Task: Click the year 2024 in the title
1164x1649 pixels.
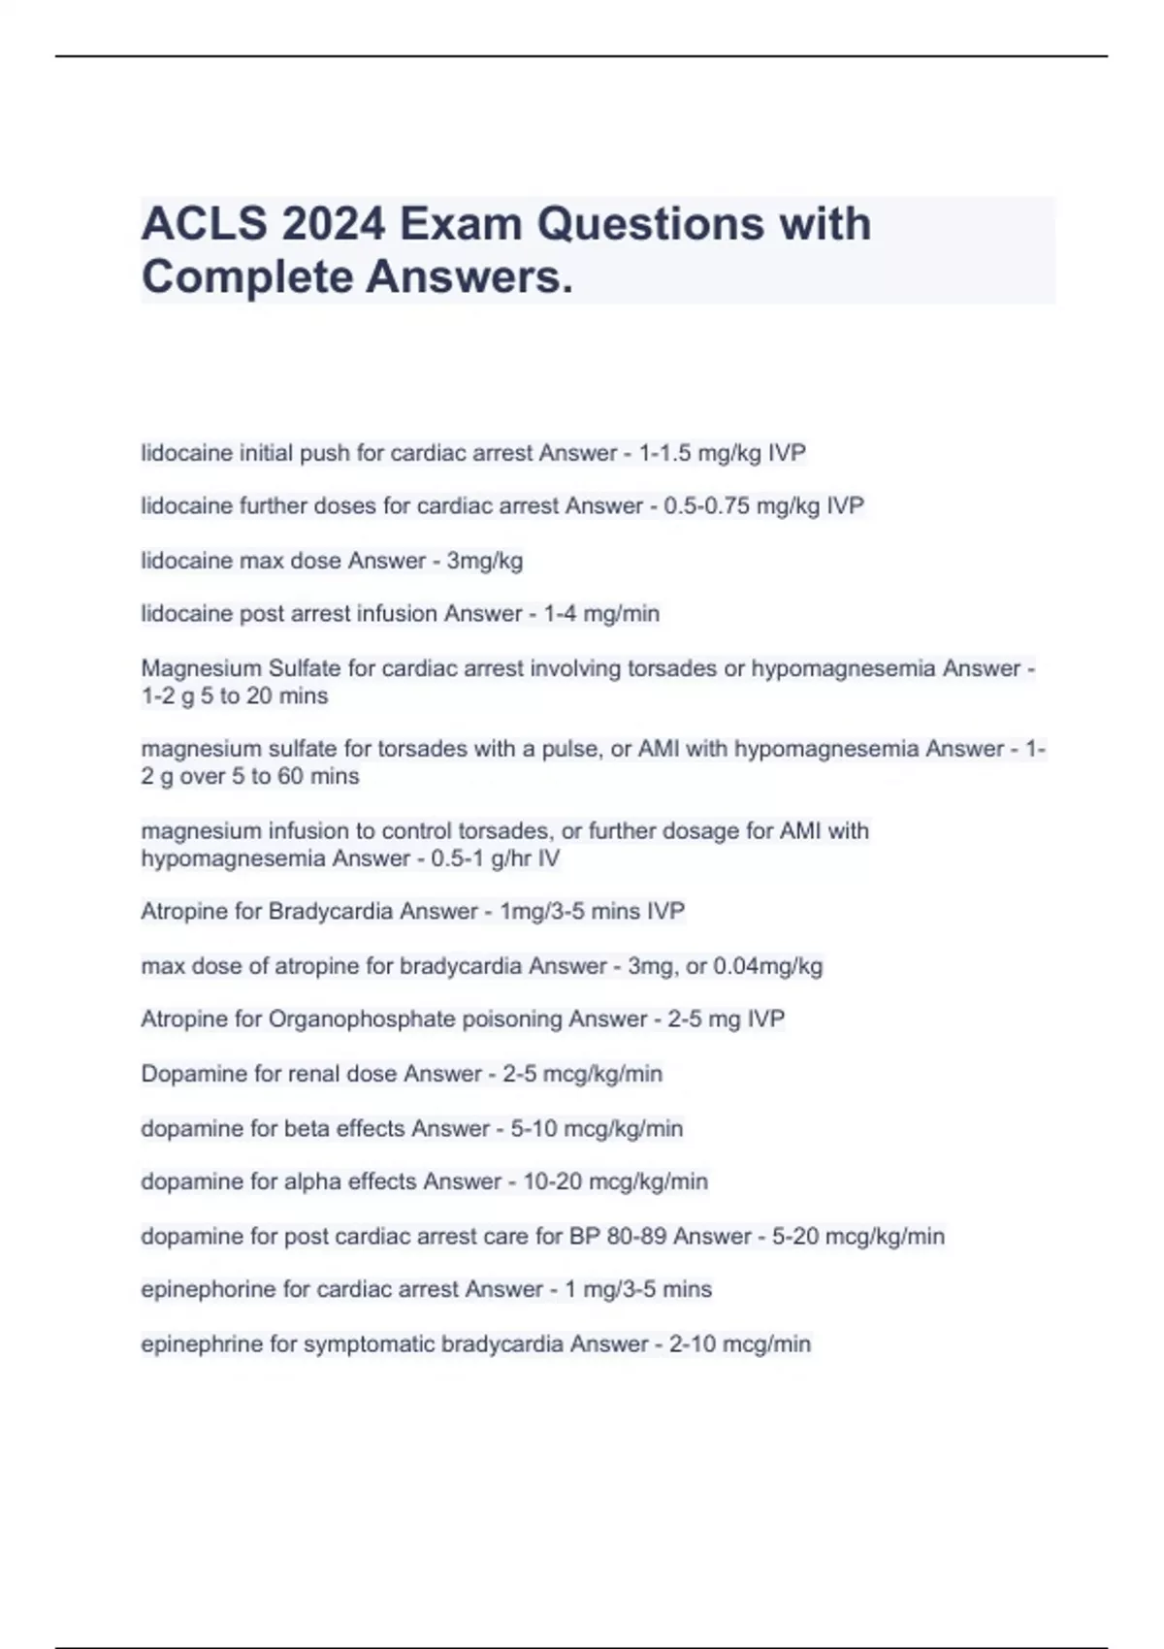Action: tap(333, 224)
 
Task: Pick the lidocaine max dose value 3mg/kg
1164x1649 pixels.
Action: tap(484, 561)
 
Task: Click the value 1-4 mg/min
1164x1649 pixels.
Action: tap(600, 614)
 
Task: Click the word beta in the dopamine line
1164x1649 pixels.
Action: tap(306, 1128)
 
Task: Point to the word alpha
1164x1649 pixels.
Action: tap(311, 1181)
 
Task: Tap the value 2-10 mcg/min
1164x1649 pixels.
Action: tap(739, 1343)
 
